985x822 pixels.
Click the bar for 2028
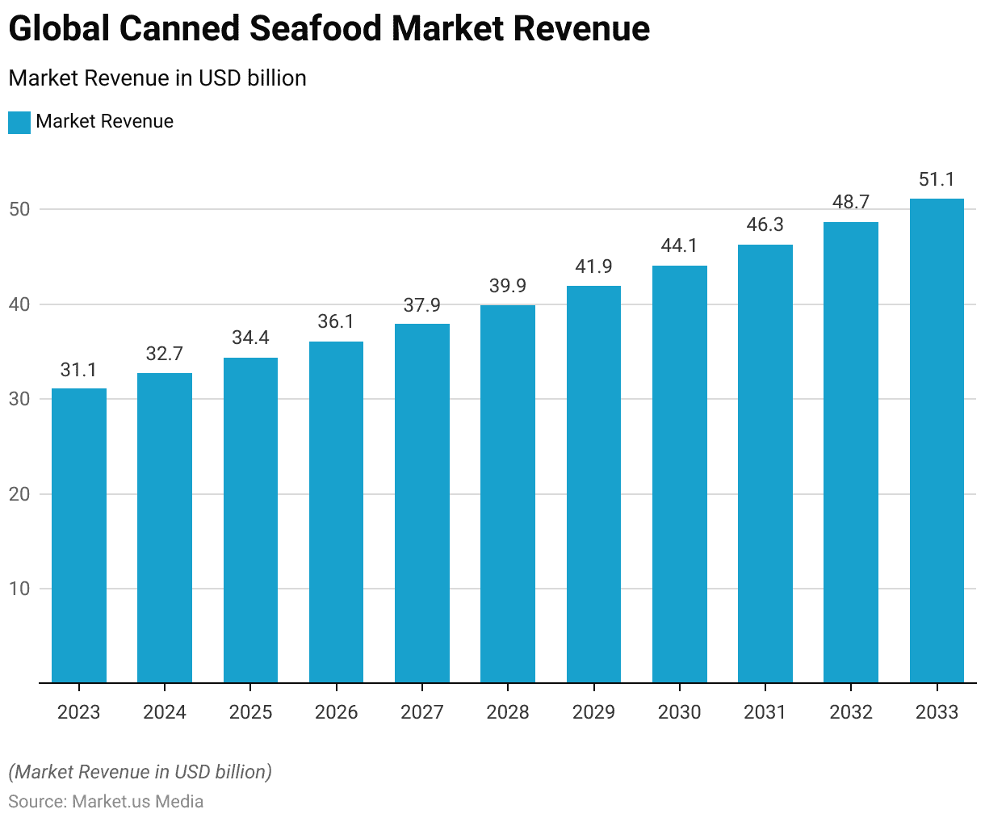tap(508, 493)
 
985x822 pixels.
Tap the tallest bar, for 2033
tap(937, 440)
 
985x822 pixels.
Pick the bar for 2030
tap(680, 474)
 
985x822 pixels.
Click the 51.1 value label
tap(937, 179)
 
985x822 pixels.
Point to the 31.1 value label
tap(79, 370)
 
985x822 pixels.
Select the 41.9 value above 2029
tap(593, 266)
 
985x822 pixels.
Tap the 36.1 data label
tap(336, 322)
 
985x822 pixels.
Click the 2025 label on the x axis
tap(250, 712)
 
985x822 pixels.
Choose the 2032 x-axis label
tap(851, 712)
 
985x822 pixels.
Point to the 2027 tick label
tap(422, 712)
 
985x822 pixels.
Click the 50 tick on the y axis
tap(19, 210)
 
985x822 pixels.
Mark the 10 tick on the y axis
tap(19, 589)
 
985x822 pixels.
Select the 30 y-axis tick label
tap(19, 400)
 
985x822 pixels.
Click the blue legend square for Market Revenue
tap(19, 122)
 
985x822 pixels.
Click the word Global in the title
tap(58, 29)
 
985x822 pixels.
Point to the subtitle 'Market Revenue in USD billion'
tap(157, 78)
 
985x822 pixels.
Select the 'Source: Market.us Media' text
tap(106, 802)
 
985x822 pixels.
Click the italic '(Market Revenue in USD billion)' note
tap(140, 772)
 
